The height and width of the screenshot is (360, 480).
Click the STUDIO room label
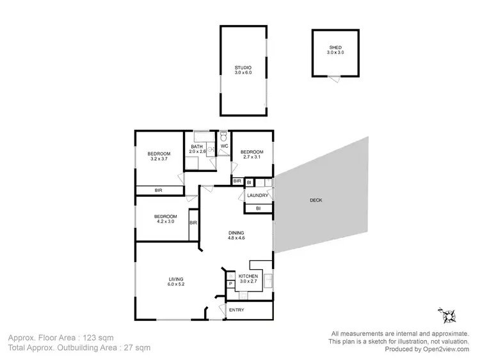click(243, 70)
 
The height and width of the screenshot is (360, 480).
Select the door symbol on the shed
click(333, 77)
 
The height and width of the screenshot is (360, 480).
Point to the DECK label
click(316, 200)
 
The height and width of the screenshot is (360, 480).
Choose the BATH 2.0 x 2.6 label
click(197, 149)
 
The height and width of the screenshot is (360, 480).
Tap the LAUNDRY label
click(257, 195)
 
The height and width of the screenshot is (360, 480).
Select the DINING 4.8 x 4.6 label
click(236, 235)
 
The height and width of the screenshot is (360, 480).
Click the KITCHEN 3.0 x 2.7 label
click(248, 279)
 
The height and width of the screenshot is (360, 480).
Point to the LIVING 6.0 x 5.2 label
click(176, 282)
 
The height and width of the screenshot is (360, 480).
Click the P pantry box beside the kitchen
click(230, 283)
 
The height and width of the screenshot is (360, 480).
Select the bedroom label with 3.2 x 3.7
click(159, 156)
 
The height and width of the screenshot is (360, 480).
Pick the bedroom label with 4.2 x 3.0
click(165, 219)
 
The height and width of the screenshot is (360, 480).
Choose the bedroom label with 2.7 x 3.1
click(252, 154)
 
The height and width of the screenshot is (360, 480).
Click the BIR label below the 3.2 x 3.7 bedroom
click(158, 190)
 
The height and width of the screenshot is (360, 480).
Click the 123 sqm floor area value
click(95, 336)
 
